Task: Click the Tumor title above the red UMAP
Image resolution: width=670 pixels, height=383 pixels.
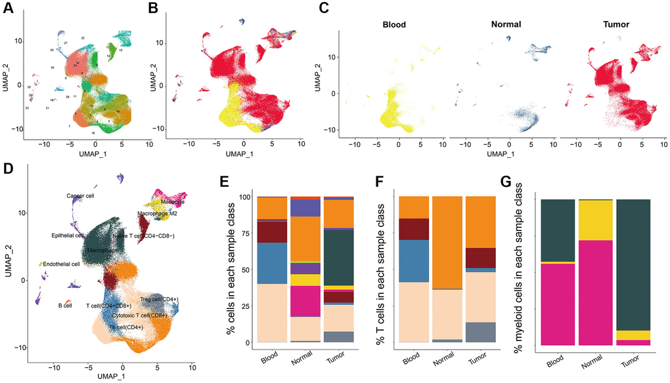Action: pyautogui.click(x=615, y=25)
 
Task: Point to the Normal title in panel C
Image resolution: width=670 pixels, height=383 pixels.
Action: pyautogui.click(x=506, y=25)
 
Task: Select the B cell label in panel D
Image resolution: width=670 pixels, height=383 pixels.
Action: pyautogui.click(x=63, y=305)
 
